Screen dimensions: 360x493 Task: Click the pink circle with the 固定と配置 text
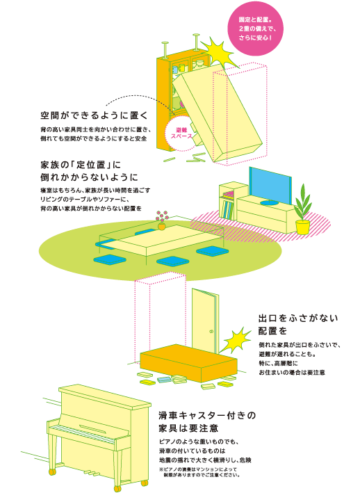click(255, 29)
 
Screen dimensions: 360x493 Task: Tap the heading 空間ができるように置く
click(94, 115)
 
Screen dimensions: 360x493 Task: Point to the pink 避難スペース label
click(181, 133)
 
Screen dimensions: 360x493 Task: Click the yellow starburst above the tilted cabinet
click(218, 53)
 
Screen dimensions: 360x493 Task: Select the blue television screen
click(270, 186)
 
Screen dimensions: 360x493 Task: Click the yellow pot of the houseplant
click(303, 227)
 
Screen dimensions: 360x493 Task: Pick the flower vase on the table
click(162, 220)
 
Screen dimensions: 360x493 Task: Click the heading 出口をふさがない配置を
click(298, 325)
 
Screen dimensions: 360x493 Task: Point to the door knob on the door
click(211, 331)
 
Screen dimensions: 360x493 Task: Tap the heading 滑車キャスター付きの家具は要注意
click(207, 422)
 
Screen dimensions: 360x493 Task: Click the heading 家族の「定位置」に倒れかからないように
click(89, 171)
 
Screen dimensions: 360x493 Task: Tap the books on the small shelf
click(227, 208)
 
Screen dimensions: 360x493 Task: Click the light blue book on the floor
click(165, 380)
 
